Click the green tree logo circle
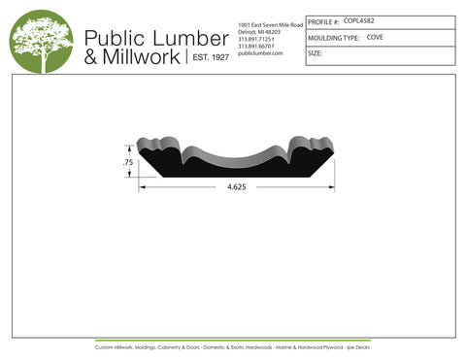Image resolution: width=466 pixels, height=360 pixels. (41, 41)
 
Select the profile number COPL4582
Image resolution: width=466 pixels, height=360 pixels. (362, 20)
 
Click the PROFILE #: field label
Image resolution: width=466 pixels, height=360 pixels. (323, 21)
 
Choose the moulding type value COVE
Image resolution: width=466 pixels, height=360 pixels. (375, 37)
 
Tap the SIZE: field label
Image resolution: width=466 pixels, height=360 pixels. (315, 54)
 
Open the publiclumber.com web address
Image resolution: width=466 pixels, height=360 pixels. (259, 53)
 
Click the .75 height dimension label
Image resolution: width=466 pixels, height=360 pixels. (127, 163)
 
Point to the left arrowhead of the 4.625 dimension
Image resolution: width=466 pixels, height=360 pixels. (142, 187)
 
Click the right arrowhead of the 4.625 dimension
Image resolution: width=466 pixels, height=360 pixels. (331, 187)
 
